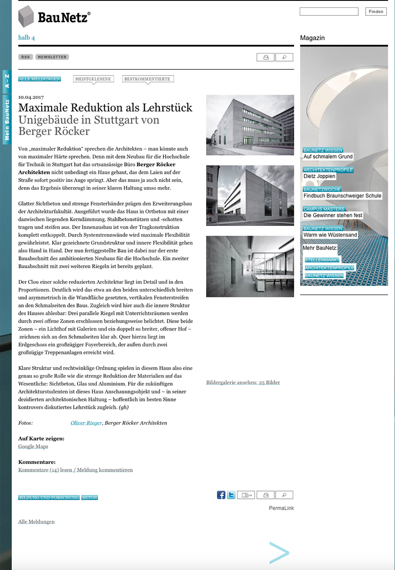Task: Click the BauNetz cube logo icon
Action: click(26, 17)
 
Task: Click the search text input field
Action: click(329, 12)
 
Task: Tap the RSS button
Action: click(25, 57)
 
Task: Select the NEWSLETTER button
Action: click(52, 57)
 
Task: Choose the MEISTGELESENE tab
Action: click(93, 79)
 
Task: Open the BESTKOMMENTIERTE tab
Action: click(147, 79)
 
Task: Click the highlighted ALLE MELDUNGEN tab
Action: click(39, 79)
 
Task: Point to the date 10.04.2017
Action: click(31, 97)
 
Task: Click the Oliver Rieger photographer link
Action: click(86, 423)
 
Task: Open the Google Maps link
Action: click(33, 447)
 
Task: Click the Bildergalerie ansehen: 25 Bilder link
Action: click(243, 382)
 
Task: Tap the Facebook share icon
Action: click(221, 495)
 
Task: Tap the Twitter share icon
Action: click(231, 495)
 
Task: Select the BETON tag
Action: click(90, 498)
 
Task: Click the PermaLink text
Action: click(281, 508)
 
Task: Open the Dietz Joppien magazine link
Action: click(320, 176)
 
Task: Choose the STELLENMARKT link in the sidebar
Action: click(322, 260)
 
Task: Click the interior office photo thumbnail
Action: click(250, 266)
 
